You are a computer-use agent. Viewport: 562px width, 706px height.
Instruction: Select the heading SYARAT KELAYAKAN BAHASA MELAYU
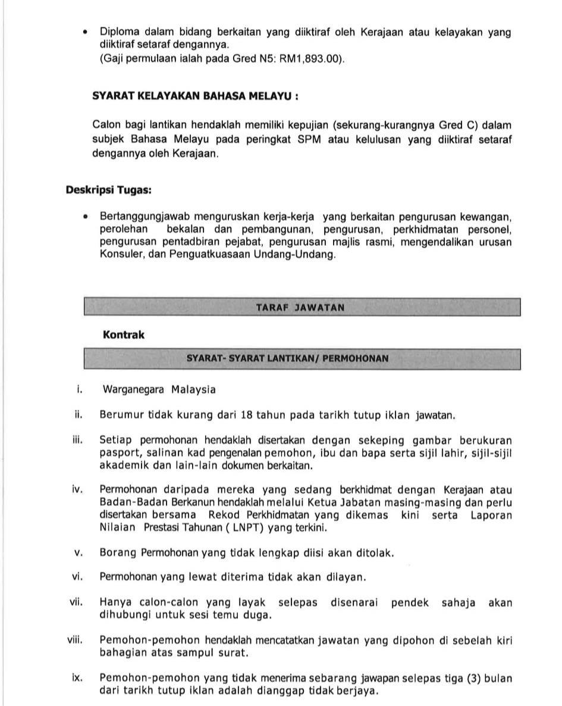(x=195, y=96)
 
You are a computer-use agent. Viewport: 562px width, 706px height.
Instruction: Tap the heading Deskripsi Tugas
(x=108, y=190)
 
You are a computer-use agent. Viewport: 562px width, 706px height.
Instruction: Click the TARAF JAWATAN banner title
(x=300, y=308)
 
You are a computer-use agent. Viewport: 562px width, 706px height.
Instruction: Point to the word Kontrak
(x=124, y=335)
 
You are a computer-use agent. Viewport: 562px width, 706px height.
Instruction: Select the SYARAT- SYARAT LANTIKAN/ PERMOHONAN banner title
(x=288, y=359)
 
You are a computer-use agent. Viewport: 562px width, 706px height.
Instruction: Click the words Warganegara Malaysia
(x=159, y=390)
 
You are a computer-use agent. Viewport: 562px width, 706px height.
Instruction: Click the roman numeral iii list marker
(x=76, y=441)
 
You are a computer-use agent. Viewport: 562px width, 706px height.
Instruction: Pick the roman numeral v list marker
(x=78, y=552)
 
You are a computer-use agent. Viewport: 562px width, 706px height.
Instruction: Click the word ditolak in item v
(x=374, y=553)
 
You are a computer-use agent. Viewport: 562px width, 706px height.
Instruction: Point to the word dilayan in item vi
(x=345, y=577)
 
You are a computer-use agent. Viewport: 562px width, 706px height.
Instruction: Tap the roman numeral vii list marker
(x=76, y=602)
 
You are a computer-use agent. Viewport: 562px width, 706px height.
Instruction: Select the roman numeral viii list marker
(x=74, y=640)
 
